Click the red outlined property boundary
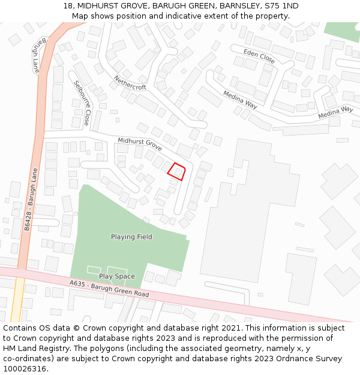click(x=176, y=172)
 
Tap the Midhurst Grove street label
click(x=140, y=144)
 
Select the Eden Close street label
click(x=259, y=58)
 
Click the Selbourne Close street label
click(x=82, y=103)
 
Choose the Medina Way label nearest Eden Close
click(x=240, y=99)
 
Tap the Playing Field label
click(x=131, y=237)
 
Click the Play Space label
click(x=117, y=277)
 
